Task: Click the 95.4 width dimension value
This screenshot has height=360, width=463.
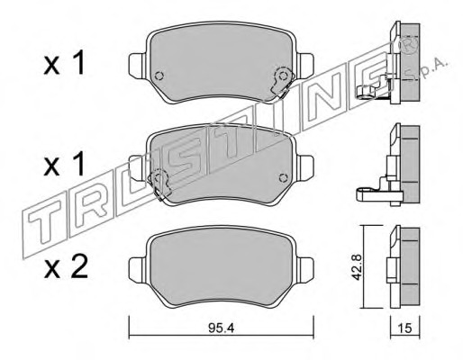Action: (221, 328)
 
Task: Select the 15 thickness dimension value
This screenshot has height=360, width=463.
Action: (405, 328)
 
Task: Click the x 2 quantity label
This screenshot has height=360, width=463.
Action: (66, 266)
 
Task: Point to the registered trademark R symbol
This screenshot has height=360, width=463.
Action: (410, 43)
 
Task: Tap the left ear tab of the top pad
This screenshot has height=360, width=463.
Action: (138, 65)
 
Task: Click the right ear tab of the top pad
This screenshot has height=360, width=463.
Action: (305, 65)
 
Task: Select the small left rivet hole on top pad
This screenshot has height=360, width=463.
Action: (159, 76)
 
